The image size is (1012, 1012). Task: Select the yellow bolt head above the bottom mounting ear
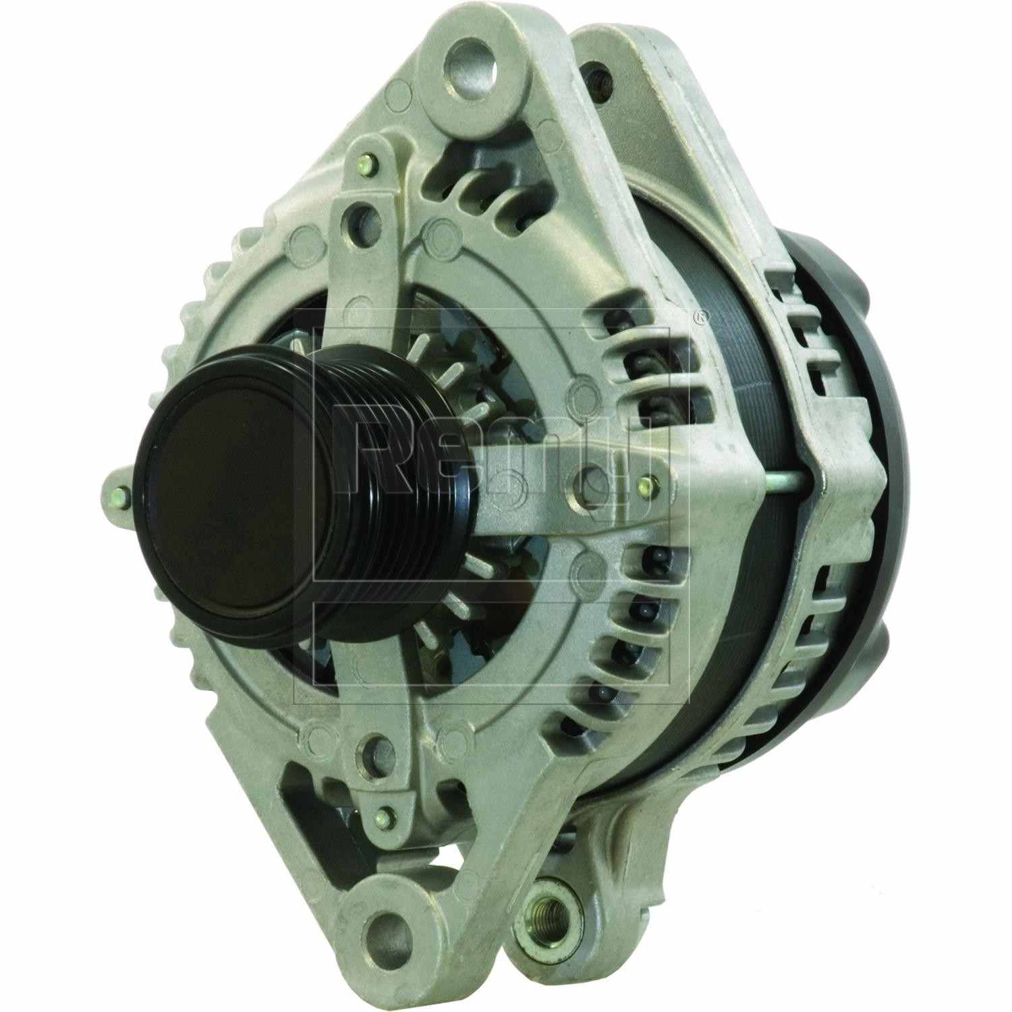pyautogui.click(x=386, y=815)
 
